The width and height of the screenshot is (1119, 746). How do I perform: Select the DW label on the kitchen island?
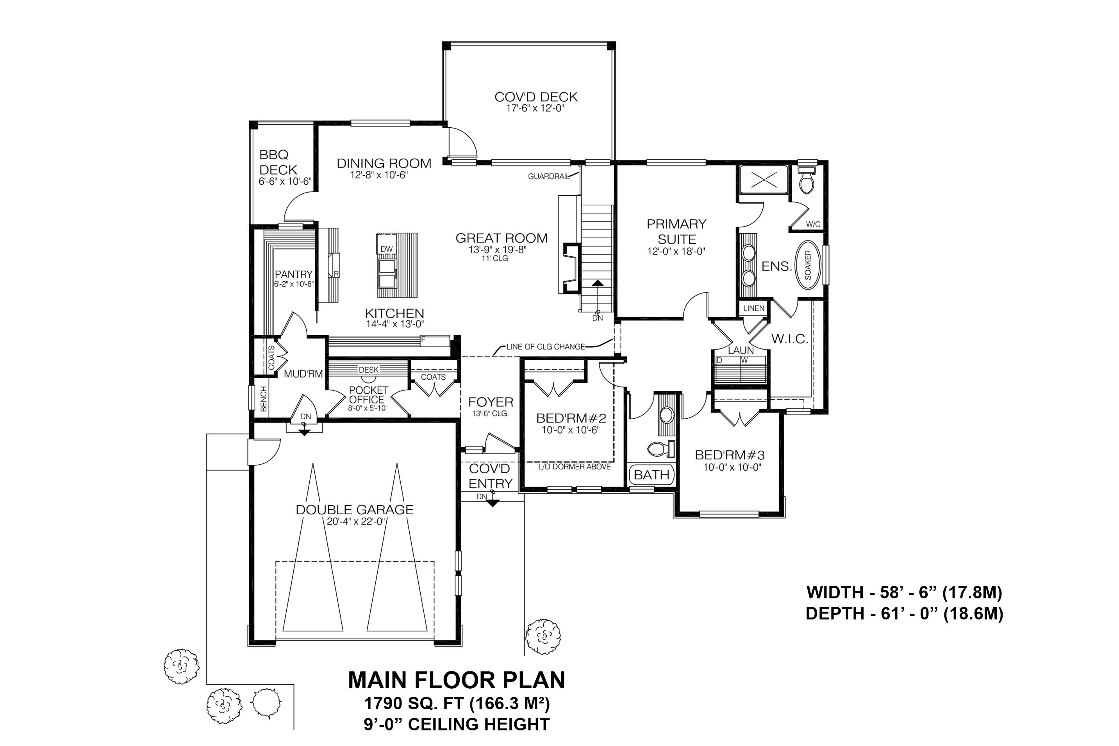[386, 249]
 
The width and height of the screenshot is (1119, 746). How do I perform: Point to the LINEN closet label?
[753, 308]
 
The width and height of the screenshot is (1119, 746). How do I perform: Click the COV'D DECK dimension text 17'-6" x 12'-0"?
[535, 109]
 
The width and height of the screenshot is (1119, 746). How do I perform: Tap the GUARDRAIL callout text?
[548, 177]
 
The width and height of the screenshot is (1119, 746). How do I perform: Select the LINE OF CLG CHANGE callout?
[545, 346]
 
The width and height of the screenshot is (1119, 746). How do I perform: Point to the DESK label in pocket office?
[369, 369]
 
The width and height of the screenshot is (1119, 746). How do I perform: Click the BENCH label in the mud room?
[264, 399]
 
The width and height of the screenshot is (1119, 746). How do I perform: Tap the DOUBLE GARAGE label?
[354, 510]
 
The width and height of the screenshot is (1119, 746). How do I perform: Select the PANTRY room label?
[294, 275]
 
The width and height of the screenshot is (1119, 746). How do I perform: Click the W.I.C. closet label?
[790, 339]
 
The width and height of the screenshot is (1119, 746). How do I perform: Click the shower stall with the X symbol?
[764, 180]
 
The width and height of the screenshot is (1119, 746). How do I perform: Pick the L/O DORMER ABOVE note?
[574, 467]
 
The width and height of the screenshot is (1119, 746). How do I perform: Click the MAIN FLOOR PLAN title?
[456, 680]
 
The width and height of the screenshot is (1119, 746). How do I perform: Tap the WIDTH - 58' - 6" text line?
[904, 593]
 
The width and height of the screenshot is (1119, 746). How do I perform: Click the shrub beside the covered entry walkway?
[543, 636]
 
